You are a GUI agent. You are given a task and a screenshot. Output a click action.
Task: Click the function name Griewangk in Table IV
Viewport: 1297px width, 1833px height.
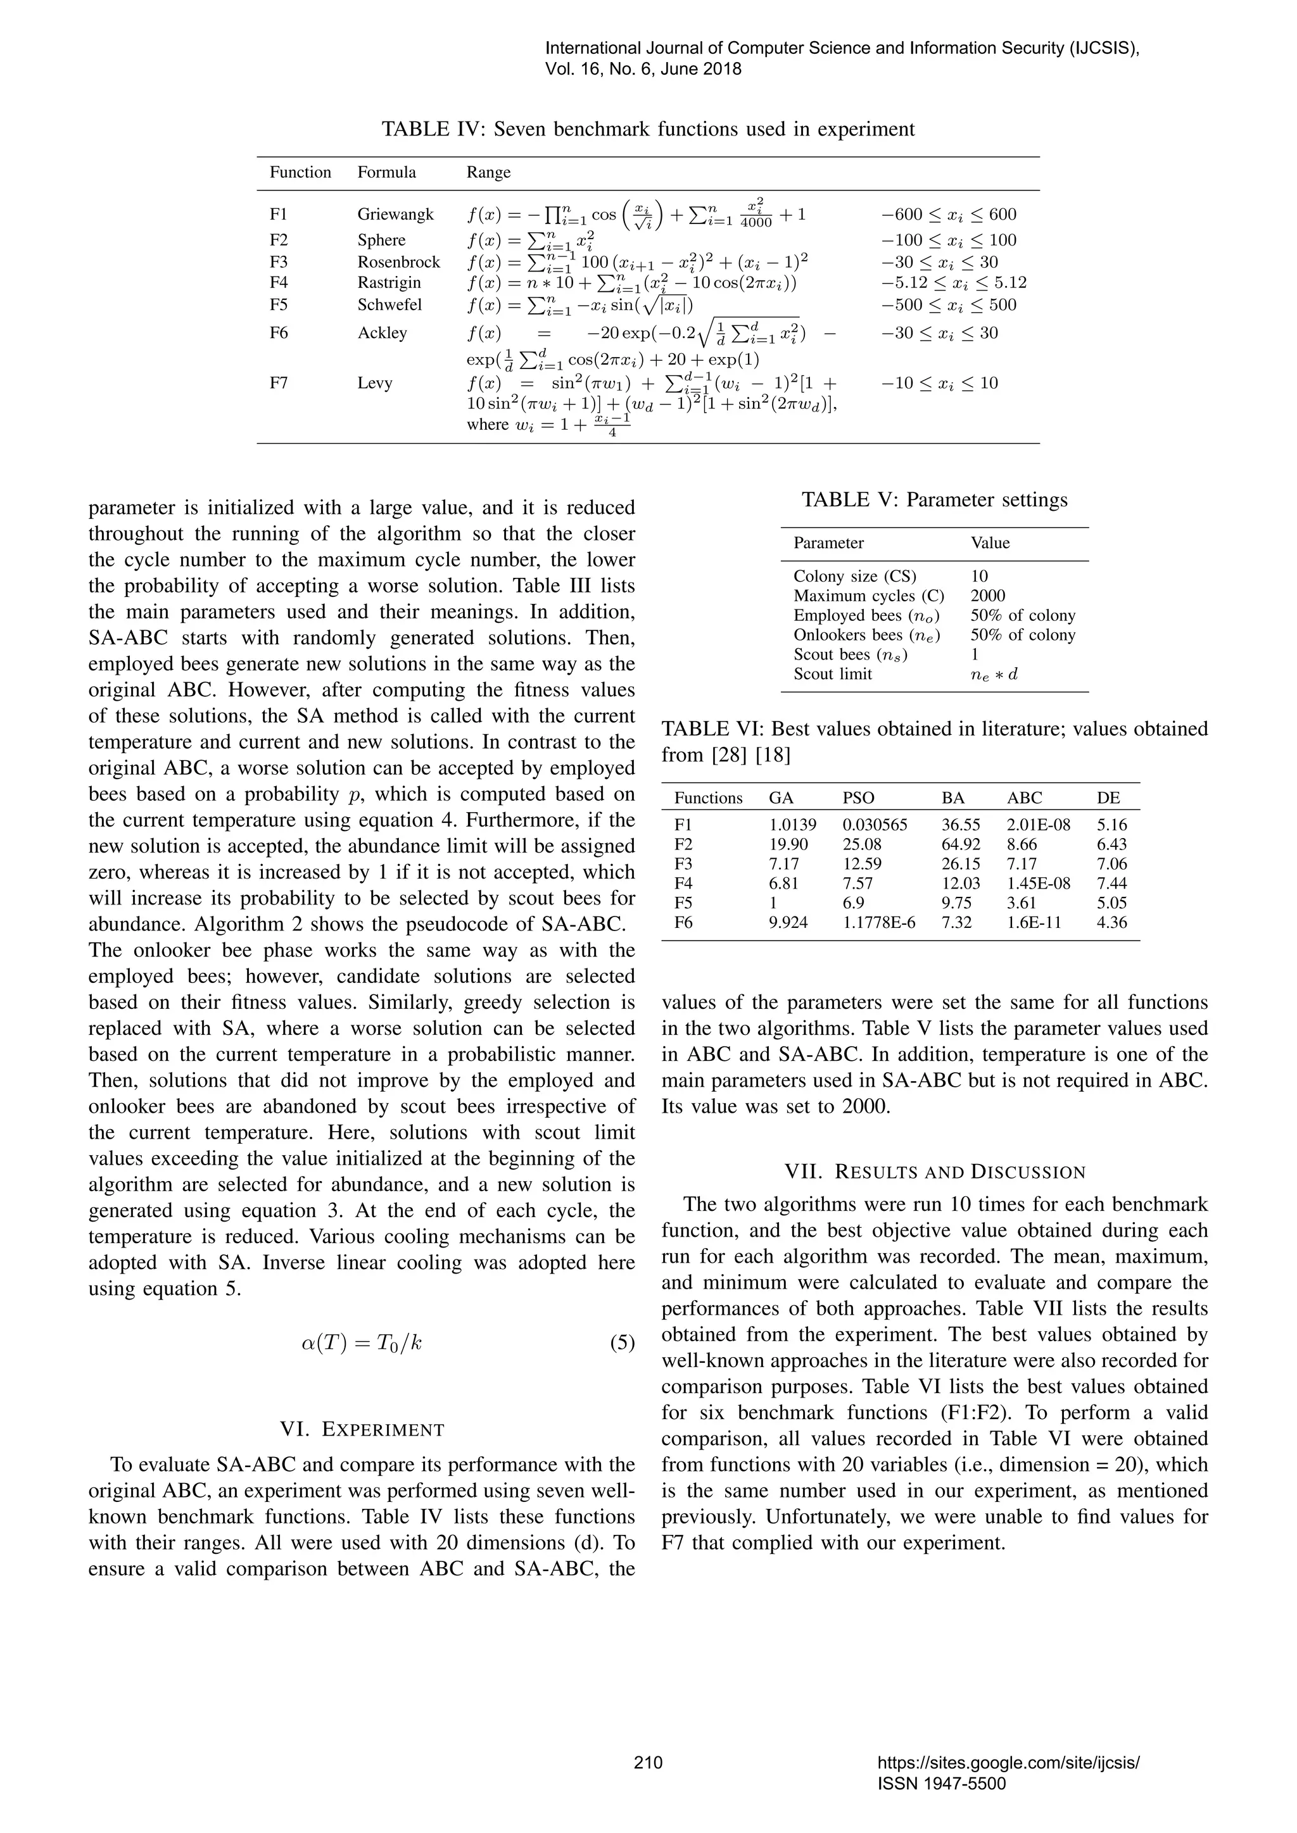coord(395,214)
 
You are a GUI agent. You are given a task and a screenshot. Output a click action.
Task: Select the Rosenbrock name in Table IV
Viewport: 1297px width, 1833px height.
coord(398,262)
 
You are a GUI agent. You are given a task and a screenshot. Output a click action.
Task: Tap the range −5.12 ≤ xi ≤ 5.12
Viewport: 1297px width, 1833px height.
coord(954,283)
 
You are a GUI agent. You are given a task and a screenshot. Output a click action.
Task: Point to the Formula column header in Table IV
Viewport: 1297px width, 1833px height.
coord(386,172)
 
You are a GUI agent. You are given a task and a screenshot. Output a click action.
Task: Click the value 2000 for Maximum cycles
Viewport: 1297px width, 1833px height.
coord(988,596)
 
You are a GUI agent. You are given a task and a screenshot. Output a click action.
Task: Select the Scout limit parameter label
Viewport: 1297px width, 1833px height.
coord(832,674)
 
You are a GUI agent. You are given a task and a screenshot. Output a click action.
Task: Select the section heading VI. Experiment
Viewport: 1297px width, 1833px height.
coord(362,1430)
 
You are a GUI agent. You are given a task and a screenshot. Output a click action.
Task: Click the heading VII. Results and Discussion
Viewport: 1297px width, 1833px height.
coord(934,1172)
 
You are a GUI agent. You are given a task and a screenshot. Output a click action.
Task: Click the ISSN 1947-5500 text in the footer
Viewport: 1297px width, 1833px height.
coord(941,1784)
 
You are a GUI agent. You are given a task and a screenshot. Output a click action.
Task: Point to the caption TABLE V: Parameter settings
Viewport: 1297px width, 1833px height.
coord(934,500)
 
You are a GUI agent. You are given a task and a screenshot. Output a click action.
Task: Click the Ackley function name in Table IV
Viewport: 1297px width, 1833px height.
coord(382,333)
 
